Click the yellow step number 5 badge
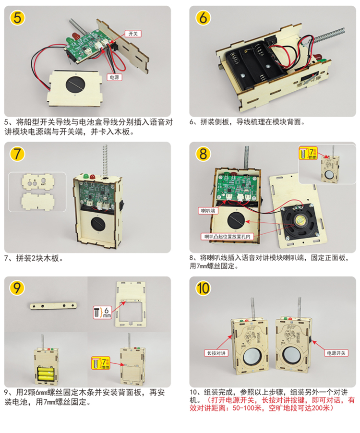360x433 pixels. click(x=18, y=19)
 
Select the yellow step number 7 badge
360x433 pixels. click(x=18, y=154)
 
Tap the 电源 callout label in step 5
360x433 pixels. click(x=114, y=77)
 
